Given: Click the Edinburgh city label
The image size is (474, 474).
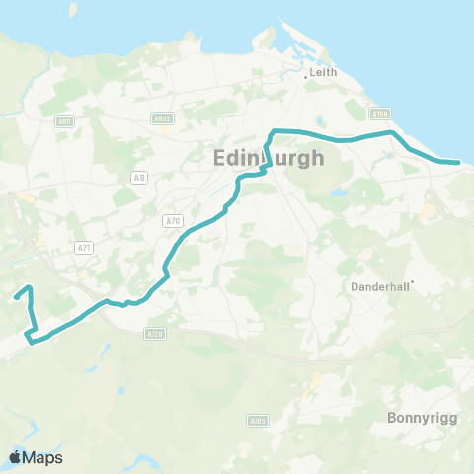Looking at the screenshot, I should [268, 158].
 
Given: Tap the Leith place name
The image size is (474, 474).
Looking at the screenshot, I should [324, 73].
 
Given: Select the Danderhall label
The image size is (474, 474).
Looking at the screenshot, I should [380, 286].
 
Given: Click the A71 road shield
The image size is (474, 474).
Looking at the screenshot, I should [86, 249].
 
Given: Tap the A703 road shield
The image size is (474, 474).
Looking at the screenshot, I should [257, 421].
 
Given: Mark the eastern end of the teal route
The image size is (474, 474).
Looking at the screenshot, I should [457, 162].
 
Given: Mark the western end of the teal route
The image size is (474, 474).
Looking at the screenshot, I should [15, 295].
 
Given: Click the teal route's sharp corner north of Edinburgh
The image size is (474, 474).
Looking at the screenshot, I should [274, 131].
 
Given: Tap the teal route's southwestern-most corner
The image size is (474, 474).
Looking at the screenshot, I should [32, 342].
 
